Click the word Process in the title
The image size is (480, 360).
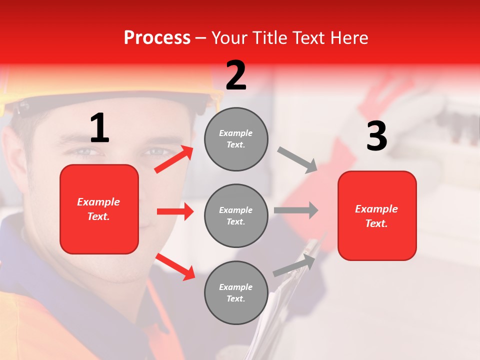[x=157, y=37]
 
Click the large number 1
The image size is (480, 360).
[x=99, y=128]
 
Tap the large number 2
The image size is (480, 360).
[x=236, y=75]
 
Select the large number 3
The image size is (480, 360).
[x=376, y=136]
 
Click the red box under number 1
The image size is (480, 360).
[x=99, y=209]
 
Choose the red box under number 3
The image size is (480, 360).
[x=377, y=215]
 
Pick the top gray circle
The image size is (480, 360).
[x=236, y=139]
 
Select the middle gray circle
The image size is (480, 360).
[x=236, y=215]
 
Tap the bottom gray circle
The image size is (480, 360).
[x=236, y=292]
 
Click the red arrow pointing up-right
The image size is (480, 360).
[x=174, y=159]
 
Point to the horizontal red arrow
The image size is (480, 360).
[x=175, y=211]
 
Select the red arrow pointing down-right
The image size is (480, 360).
[x=175, y=266]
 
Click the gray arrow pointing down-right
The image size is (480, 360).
[x=297, y=160]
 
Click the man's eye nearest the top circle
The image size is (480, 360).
[x=156, y=151]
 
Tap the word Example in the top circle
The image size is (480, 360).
[x=235, y=133]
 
